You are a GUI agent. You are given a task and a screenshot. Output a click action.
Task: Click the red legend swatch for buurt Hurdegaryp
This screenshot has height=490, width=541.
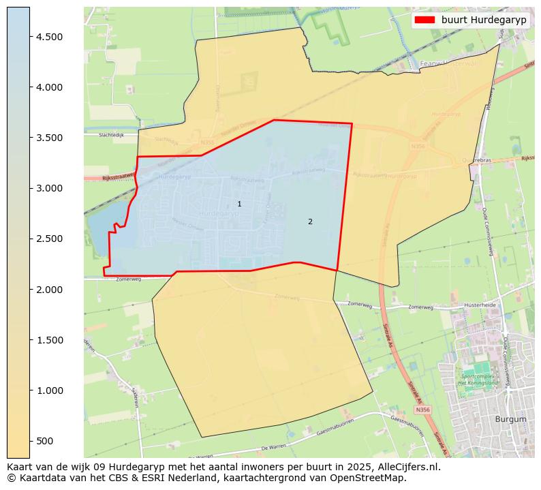pos(424,20)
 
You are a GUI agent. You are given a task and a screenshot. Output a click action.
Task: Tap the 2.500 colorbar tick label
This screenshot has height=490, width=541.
pos(49,239)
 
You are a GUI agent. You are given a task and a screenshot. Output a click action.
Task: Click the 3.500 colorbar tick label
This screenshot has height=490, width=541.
pos(49,138)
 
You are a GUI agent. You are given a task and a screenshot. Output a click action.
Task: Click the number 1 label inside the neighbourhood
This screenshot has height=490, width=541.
pos(239,204)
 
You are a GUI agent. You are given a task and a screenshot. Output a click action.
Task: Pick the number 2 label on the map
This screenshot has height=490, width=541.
pos(310,221)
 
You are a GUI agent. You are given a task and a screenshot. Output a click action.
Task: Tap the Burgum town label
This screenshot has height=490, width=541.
pos(511,419)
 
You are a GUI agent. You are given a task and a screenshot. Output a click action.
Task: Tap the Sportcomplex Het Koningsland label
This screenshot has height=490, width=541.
pos(480,380)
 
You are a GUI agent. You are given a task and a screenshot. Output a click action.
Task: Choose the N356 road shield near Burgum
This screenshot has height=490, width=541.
pos(422,410)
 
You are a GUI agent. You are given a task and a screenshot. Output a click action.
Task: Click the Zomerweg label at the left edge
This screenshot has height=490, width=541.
pos(128,279)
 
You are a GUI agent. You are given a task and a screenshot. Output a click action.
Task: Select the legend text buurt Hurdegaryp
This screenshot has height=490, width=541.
pos(484,20)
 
